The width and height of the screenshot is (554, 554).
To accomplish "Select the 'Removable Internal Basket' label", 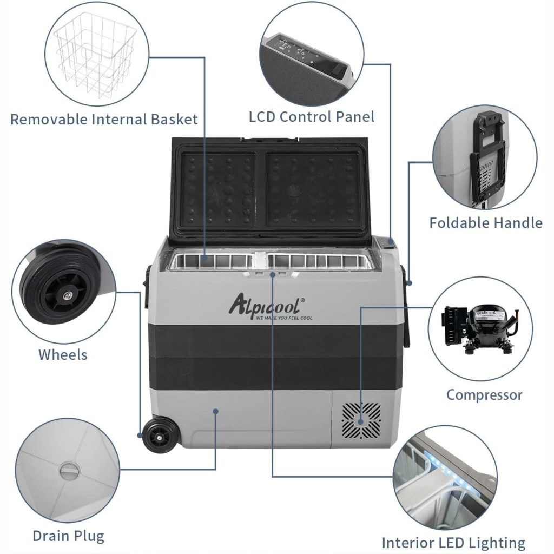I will [104, 119].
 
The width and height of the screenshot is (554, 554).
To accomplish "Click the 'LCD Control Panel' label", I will [312, 116].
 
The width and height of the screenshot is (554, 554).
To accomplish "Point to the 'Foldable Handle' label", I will [485, 223].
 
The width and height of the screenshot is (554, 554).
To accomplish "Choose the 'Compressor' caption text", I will [484, 395].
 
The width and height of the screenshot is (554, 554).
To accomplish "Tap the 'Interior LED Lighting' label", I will [453, 543].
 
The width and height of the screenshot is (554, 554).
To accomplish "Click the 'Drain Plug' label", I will [68, 536].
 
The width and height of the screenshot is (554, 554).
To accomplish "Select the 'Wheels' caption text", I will [63, 355].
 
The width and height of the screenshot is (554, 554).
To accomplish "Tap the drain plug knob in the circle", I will [69, 471].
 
